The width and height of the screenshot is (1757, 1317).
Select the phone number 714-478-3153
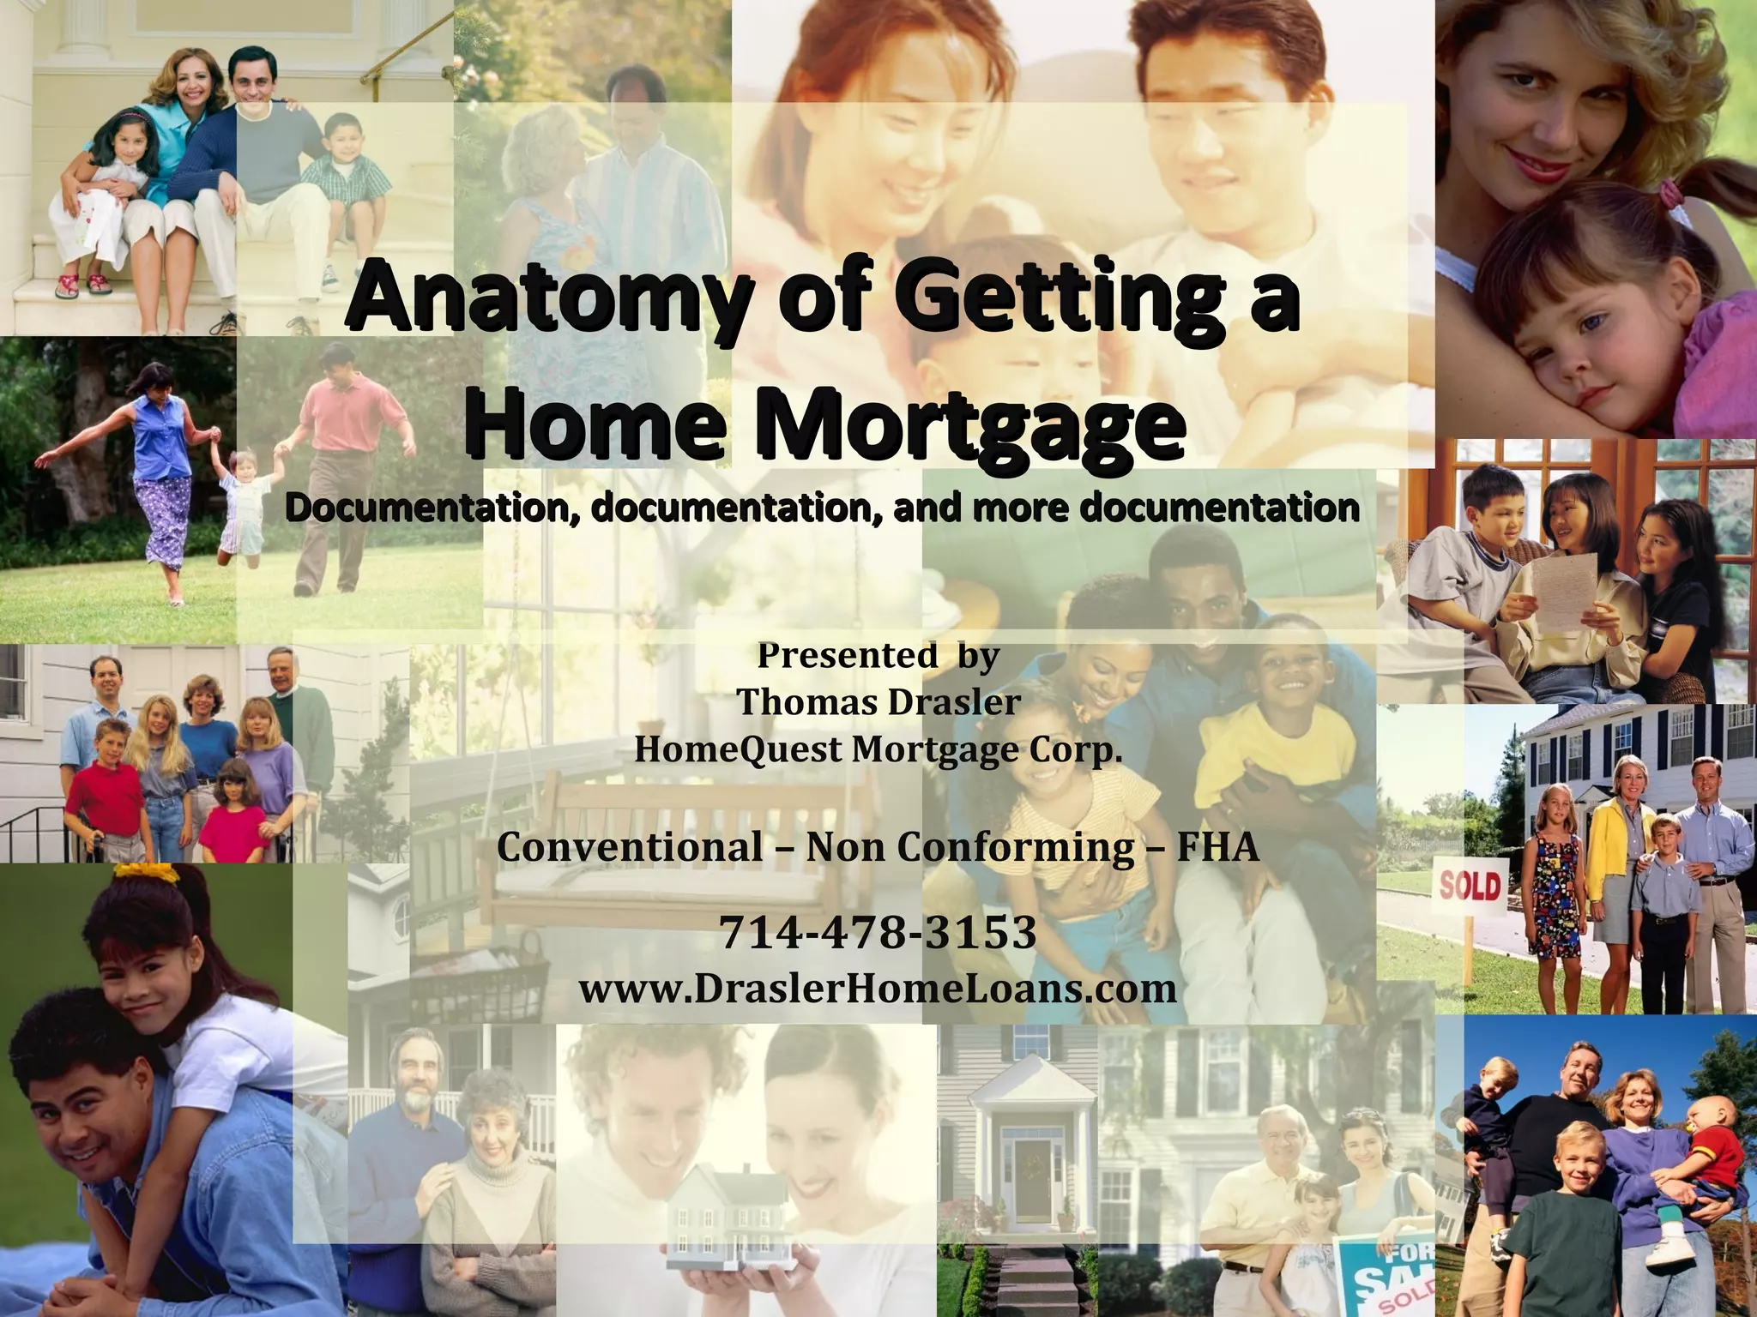[x=878, y=932]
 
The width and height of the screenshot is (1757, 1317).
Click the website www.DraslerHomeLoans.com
[x=878, y=988]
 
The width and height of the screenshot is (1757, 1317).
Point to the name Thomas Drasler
[x=878, y=701]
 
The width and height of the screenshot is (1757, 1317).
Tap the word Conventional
[x=629, y=847]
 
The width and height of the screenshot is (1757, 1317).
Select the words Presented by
[x=878, y=655]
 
